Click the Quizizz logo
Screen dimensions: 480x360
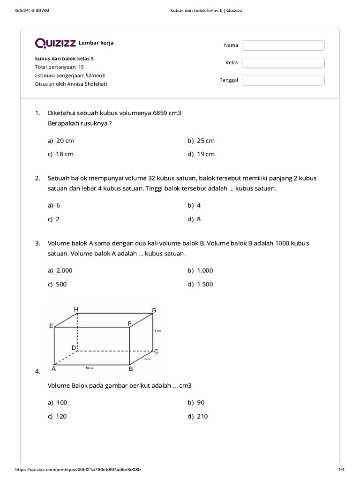[56, 43]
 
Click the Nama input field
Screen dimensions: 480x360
[283, 45]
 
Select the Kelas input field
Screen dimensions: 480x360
[283, 63]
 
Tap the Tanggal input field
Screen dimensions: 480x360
[283, 80]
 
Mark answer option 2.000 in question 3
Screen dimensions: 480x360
[64, 270]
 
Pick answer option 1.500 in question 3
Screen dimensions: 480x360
[205, 284]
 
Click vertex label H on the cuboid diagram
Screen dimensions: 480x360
[76, 309]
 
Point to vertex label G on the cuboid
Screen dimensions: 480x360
[153, 310]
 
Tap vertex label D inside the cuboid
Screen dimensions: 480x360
[74, 347]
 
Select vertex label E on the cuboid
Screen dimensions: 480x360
[51, 326]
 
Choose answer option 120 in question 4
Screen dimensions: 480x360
[61, 416]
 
